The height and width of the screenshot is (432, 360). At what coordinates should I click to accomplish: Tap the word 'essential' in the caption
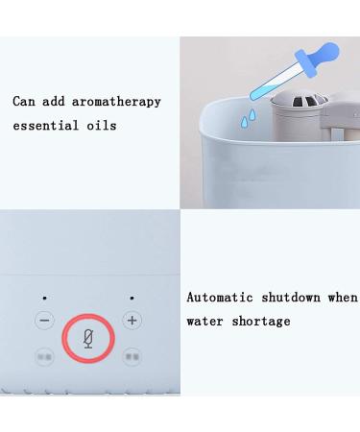pyautogui.click(x=46, y=126)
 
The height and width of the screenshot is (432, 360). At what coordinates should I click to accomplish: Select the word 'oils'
pyautogui.click(x=101, y=126)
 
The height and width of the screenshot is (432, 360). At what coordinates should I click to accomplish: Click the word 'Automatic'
pyautogui.click(x=221, y=298)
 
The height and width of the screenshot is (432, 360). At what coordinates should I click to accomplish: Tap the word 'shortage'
pyautogui.click(x=259, y=322)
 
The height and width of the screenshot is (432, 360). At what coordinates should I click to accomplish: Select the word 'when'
pyautogui.click(x=343, y=298)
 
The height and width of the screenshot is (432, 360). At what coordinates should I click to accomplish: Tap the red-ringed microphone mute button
pyautogui.click(x=88, y=338)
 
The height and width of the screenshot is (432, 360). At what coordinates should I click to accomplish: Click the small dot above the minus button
pyautogui.click(x=44, y=299)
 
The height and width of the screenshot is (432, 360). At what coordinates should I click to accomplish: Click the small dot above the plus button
pyautogui.click(x=132, y=299)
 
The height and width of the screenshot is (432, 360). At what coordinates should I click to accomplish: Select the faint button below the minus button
pyautogui.click(x=44, y=355)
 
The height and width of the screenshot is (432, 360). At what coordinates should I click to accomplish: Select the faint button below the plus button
pyautogui.click(x=132, y=355)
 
